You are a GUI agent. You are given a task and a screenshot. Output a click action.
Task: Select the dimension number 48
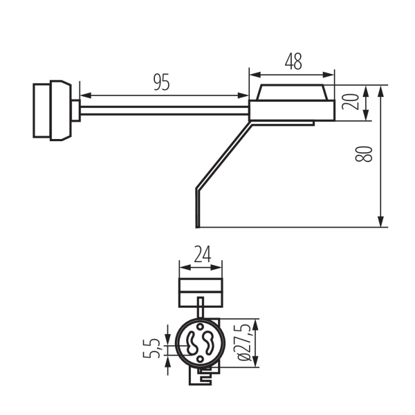coord(293,61)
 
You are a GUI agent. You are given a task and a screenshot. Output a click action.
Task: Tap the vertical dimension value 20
coord(352,102)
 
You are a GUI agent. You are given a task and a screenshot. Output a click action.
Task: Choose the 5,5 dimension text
coord(154,347)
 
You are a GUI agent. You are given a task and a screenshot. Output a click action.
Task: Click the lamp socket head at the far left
coord(52,110)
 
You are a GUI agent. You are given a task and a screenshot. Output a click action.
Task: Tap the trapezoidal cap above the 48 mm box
coord(291,93)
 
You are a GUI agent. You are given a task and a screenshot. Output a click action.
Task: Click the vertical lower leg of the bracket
coord(198,207)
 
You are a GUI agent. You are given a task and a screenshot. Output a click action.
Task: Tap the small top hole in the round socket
coord(200,328)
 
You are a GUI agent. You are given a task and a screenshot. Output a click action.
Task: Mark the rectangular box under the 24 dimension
coord(201,291)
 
